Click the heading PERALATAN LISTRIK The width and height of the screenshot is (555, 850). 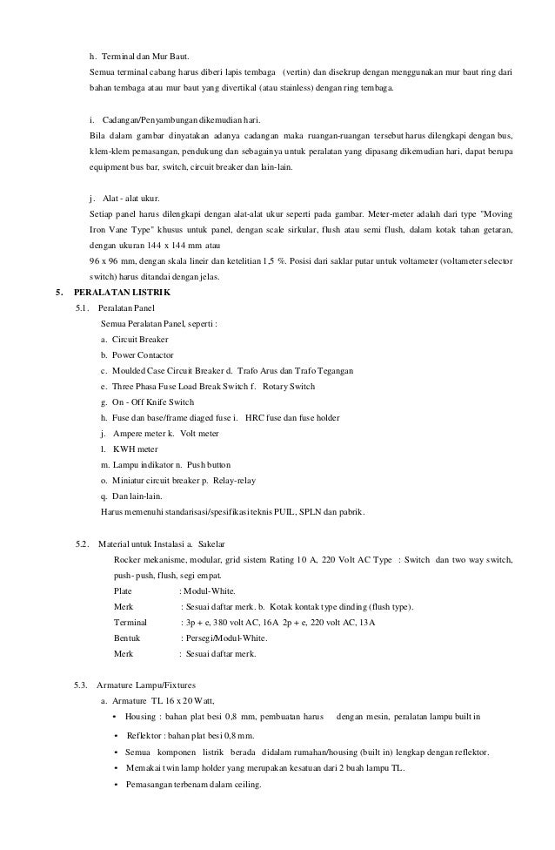(x=123, y=292)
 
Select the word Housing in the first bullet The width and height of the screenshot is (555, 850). (x=140, y=718)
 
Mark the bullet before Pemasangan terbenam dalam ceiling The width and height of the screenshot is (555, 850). (x=115, y=783)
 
